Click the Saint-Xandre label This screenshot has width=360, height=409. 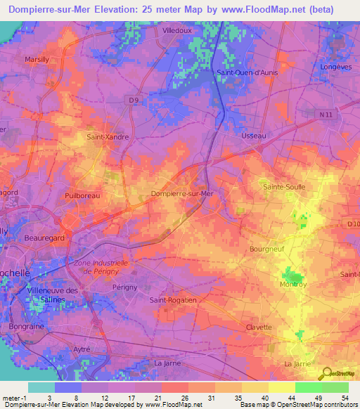[107, 137]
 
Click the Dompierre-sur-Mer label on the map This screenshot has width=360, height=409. [182, 193]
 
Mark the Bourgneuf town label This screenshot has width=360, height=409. [266, 249]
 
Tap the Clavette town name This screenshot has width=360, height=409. [259, 327]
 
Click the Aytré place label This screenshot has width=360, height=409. [82, 349]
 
